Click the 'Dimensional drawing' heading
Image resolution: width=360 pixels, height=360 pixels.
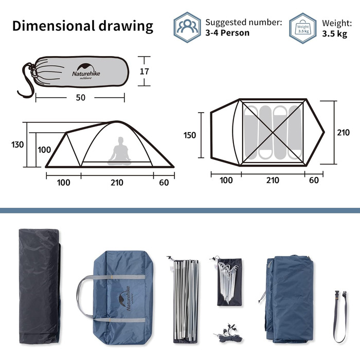coord(83,26)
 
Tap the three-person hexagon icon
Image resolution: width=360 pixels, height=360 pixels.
coord(187,27)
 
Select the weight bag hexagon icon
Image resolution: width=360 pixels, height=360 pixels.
coord(303,28)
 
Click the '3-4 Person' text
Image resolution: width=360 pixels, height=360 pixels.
coord(227,33)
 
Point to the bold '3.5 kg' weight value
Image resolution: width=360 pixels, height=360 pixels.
coord(334,34)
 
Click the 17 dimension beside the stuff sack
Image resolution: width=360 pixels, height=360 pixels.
coord(144,71)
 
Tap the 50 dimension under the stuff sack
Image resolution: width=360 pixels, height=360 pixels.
coord(81,98)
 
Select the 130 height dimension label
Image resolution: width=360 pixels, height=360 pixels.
coord(17,145)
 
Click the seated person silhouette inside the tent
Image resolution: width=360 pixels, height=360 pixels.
coord(119,151)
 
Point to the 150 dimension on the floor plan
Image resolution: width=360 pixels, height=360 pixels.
coord(190,135)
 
